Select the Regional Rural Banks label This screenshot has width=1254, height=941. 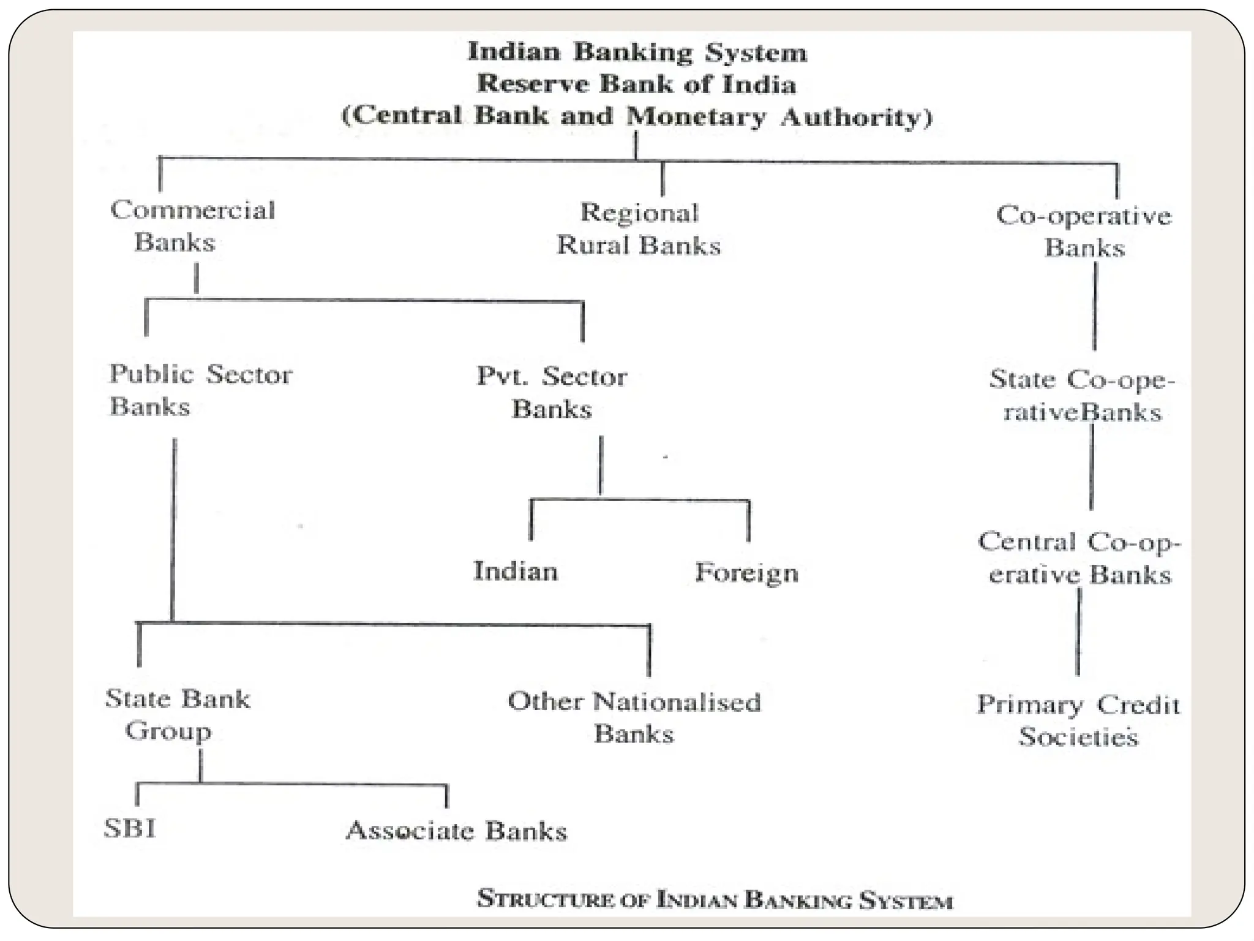pyautogui.click(x=639, y=229)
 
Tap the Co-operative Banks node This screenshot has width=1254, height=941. pyautogui.click(x=1084, y=232)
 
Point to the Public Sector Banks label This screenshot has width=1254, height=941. pyautogui.click(x=200, y=390)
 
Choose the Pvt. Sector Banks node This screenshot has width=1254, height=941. pyautogui.click(x=552, y=392)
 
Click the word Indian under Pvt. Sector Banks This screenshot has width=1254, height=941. pyautogui.click(x=516, y=571)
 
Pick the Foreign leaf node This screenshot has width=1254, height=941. pyautogui.click(x=746, y=573)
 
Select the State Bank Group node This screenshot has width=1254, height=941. pyautogui.click(x=177, y=714)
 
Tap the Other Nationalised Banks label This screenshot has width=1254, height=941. pyautogui.click(x=634, y=717)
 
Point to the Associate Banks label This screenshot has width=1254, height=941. pyautogui.click(x=457, y=831)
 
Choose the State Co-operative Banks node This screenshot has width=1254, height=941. pyautogui.click(x=1082, y=395)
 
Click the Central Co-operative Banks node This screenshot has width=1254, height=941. pyautogui.click(x=1079, y=558)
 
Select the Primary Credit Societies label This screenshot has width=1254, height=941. pyautogui.click(x=1078, y=720)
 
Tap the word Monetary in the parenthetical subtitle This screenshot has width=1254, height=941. pyautogui.click(x=696, y=116)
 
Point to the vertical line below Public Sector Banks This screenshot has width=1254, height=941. pyautogui.click(x=174, y=527)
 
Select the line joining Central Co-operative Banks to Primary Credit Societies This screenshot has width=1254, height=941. pyautogui.click(x=1078, y=631)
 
